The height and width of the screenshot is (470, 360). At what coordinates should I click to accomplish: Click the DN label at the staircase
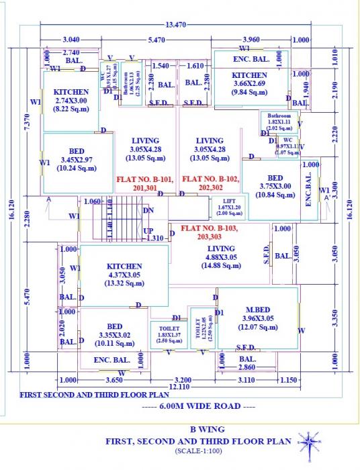pos(148,210)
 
